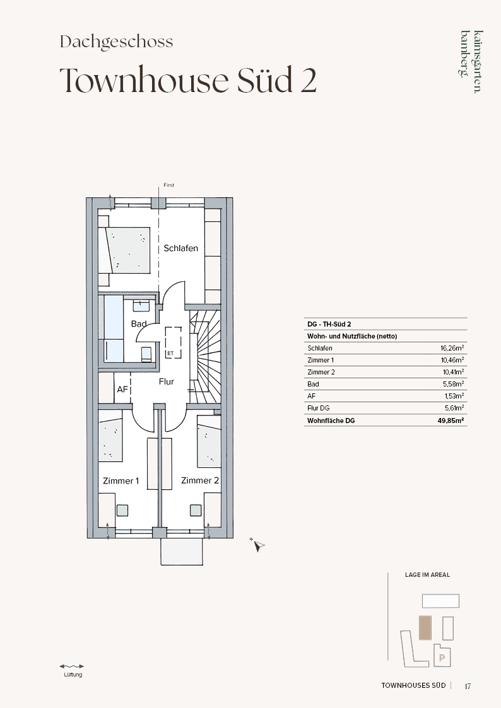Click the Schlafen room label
[x=180, y=248]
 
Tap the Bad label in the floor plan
[x=139, y=324]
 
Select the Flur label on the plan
[x=166, y=381]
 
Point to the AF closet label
[x=122, y=389]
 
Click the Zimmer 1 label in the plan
[x=121, y=481]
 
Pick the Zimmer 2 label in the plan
[x=200, y=480]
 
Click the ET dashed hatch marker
[x=174, y=342]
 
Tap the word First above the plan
[x=169, y=185]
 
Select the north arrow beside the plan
[x=257, y=545]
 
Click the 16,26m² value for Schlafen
[x=452, y=348]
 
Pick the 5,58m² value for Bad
[x=454, y=384]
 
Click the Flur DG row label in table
[x=319, y=408]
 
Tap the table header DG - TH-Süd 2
[x=329, y=324]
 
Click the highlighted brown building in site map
[x=425, y=628]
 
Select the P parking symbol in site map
[x=442, y=658]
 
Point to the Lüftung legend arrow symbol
[x=72, y=666]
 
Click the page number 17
[x=468, y=687]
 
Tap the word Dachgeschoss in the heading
[x=117, y=42]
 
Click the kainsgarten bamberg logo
[x=471, y=61]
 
